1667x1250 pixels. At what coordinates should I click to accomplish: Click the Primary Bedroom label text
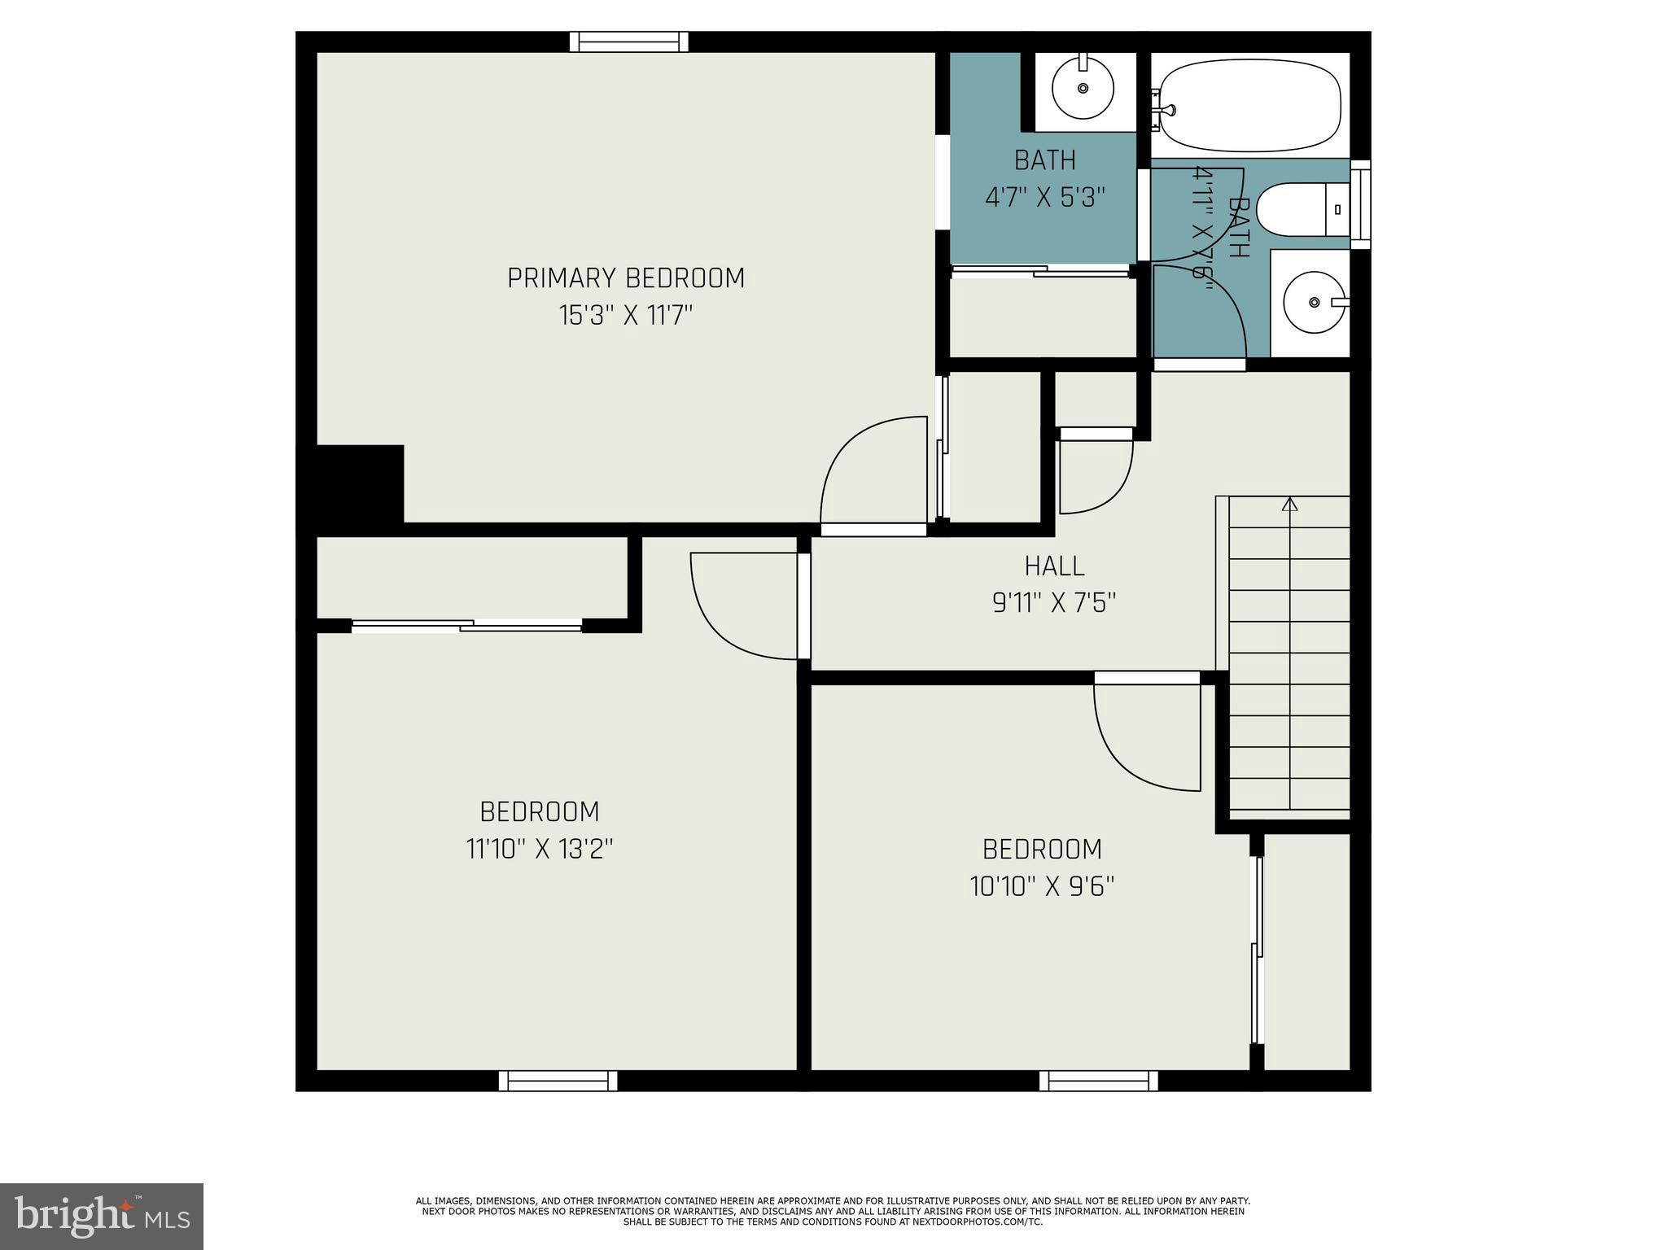pyautogui.click(x=625, y=278)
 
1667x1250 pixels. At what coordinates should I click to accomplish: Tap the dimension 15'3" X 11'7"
pyautogui.click(x=625, y=316)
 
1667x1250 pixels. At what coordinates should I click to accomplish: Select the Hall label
pyautogui.click(x=1054, y=566)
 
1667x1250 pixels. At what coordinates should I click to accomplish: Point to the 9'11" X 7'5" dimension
pyautogui.click(x=1054, y=603)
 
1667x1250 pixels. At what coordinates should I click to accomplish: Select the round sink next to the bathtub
pyautogui.click(x=1083, y=88)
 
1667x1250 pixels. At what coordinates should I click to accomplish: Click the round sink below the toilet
pyautogui.click(x=1314, y=303)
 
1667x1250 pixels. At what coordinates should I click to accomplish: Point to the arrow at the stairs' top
pyautogui.click(x=1289, y=505)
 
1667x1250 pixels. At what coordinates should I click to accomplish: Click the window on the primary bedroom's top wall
pyautogui.click(x=628, y=42)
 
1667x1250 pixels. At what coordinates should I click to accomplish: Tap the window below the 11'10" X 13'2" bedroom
pyautogui.click(x=558, y=1080)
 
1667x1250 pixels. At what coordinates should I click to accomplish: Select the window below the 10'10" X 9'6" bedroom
pyautogui.click(x=1098, y=1080)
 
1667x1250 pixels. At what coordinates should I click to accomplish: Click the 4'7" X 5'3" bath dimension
pyautogui.click(x=1045, y=198)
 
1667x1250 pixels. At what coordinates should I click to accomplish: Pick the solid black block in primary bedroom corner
pyautogui.click(x=359, y=484)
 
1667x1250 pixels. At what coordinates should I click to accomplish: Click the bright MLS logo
pyautogui.click(x=101, y=1215)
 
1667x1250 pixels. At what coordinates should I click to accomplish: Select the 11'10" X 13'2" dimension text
pyautogui.click(x=539, y=850)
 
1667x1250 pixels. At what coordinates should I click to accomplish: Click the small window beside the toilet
pyautogui.click(x=1360, y=204)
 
